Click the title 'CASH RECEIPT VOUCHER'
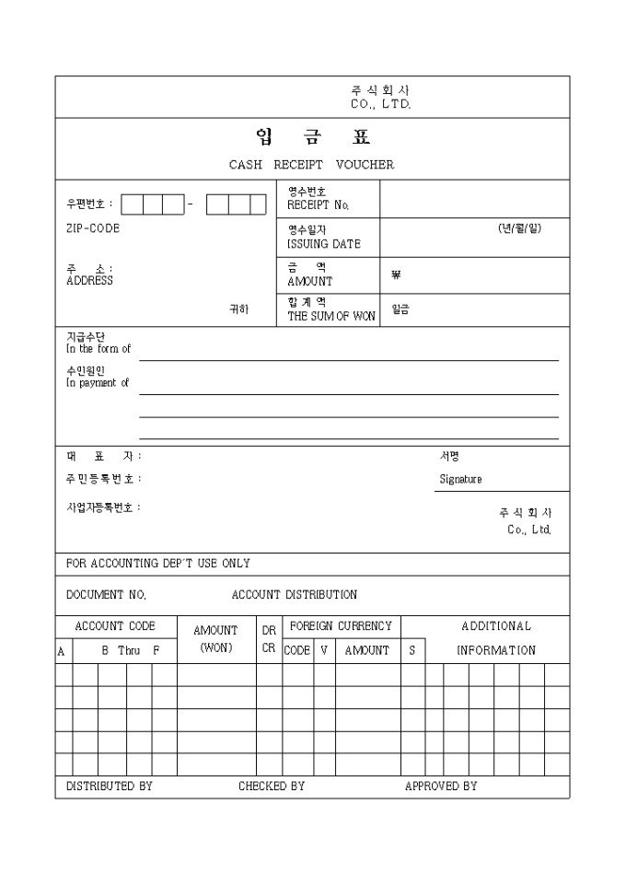[x=311, y=165]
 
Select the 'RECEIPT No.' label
[x=319, y=204]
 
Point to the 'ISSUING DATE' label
[x=324, y=244]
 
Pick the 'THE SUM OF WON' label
[x=331, y=316]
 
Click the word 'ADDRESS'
[x=89, y=281]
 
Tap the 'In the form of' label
[x=99, y=349]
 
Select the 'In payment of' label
[x=98, y=383]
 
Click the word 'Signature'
[x=460, y=479]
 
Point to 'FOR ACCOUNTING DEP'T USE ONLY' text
[x=158, y=563]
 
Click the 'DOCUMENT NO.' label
[x=106, y=595]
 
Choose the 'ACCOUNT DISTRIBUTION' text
[x=295, y=595]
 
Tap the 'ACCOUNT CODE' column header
[x=115, y=626]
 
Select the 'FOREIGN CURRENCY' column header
[x=341, y=626]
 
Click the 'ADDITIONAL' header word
[x=496, y=626]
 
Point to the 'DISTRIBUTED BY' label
[x=110, y=787]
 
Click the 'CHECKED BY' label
[x=272, y=787]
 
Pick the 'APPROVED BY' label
[x=441, y=787]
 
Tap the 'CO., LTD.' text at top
[x=381, y=105]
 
